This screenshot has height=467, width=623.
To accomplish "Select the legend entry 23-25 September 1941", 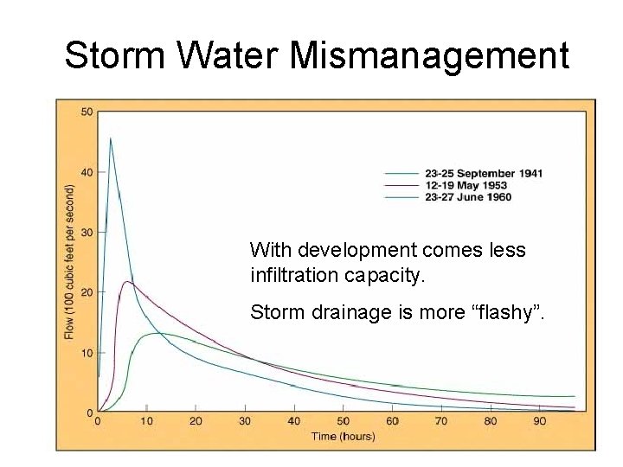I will point(483,173).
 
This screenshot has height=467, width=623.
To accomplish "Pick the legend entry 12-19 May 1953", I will point(466,185).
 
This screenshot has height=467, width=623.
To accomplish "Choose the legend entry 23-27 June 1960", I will point(467,197).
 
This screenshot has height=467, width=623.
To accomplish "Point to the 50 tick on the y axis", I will point(87,112).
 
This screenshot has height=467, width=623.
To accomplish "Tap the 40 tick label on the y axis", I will point(87,172).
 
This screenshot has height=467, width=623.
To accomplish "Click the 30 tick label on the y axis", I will point(87,233).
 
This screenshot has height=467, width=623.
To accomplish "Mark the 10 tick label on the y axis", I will point(87,353).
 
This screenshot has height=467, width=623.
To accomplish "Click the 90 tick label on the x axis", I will point(540,421).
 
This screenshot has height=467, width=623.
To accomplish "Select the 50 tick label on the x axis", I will point(344,421).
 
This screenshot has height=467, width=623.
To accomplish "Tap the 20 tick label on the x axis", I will point(196,421).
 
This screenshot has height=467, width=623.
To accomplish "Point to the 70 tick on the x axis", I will point(441,421).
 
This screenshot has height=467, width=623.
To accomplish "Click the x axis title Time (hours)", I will point(343,436).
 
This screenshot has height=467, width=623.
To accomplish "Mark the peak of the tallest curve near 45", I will point(110,138).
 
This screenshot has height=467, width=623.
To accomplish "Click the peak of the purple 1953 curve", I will point(127,281).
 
